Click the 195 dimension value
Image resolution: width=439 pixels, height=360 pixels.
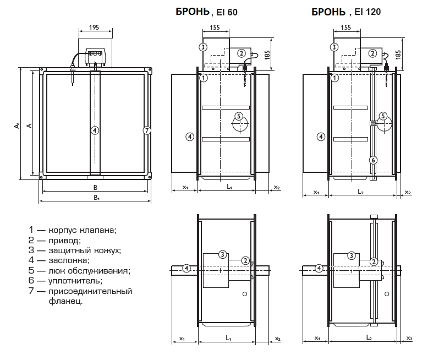point(94,27)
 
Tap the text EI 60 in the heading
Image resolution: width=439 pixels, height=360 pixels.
point(227,12)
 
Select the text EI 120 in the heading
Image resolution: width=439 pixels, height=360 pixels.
point(367,12)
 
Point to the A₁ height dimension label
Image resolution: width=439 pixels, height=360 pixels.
point(17,126)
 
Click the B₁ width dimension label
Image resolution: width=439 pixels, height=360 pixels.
point(97,198)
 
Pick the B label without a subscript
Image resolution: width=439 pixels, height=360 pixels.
point(95,187)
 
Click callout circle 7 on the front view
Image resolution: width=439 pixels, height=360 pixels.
point(147,130)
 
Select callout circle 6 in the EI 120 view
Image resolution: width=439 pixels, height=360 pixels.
point(373,160)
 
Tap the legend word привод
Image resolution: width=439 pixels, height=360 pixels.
point(65,241)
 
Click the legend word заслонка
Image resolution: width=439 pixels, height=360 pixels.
point(69,260)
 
